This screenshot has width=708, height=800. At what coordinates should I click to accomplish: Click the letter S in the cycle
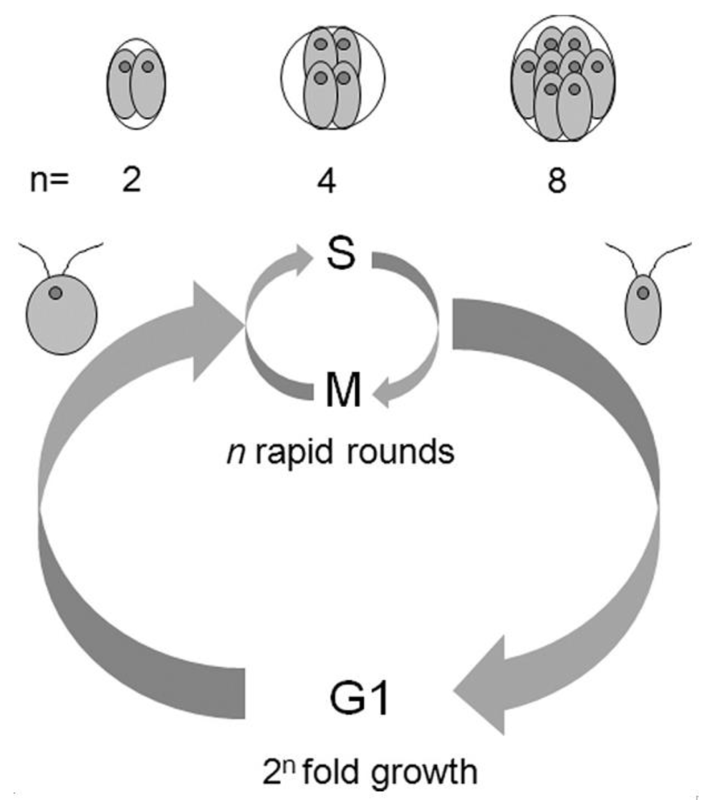pyautogui.click(x=341, y=253)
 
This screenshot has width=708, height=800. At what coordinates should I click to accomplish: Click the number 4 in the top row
pyautogui.click(x=327, y=181)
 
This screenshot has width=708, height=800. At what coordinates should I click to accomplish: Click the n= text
pyautogui.click(x=49, y=181)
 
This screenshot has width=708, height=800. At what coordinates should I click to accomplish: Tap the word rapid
pyautogui.click(x=294, y=452)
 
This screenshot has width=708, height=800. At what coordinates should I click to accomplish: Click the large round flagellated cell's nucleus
pyautogui.click(x=56, y=293)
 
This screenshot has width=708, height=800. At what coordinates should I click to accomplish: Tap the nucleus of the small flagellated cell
pyautogui.click(x=643, y=292)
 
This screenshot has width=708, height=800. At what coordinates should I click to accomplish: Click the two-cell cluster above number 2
pyautogui.click(x=136, y=84)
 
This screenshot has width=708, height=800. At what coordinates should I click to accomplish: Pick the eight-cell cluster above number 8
pyautogui.click(x=563, y=78)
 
